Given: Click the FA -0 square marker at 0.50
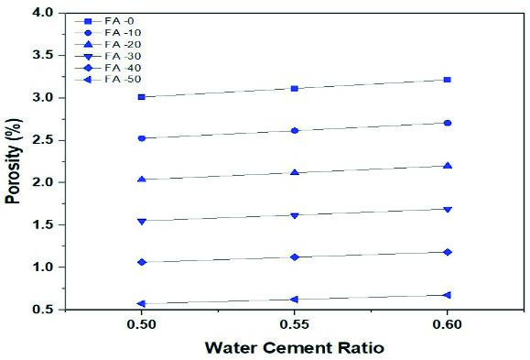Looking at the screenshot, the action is pyautogui.click(x=142, y=97).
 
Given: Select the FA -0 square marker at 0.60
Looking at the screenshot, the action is pyautogui.click(x=448, y=80).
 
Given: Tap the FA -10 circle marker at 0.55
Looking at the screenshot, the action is pyautogui.click(x=295, y=131).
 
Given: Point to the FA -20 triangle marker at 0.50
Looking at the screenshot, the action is pyautogui.click(x=142, y=179).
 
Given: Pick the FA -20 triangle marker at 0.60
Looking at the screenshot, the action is pyautogui.click(x=448, y=166).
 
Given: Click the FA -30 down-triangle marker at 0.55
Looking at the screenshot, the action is pyautogui.click(x=295, y=215).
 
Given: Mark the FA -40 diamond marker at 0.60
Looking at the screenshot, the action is pyautogui.click(x=448, y=252).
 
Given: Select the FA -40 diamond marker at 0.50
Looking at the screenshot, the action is pyautogui.click(x=142, y=262).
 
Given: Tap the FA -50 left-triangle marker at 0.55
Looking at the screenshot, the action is pyautogui.click(x=294, y=300).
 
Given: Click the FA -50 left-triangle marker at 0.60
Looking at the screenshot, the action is pyautogui.click(x=447, y=295).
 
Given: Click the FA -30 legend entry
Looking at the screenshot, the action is pyautogui.click(x=108, y=56).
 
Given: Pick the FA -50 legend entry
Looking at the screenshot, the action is pyautogui.click(x=108, y=80).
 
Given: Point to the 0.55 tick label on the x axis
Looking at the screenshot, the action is pyautogui.click(x=295, y=324).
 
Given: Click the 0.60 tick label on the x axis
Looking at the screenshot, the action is pyautogui.click(x=448, y=324).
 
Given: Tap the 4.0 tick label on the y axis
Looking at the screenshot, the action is pyautogui.click(x=43, y=13).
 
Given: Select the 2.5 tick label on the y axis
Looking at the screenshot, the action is pyautogui.click(x=43, y=140).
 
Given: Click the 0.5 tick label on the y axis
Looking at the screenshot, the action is pyautogui.click(x=43, y=310).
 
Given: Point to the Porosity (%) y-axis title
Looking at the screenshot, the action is pyautogui.click(x=13, y=161).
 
